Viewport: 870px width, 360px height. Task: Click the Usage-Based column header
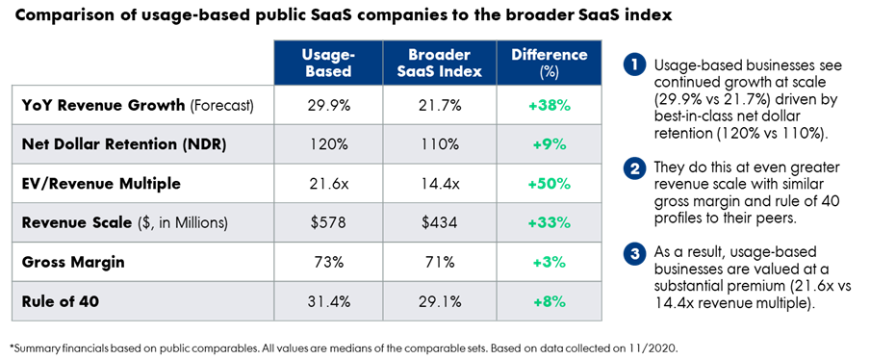point(328,63)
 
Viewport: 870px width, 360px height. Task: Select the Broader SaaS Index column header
point(440,63)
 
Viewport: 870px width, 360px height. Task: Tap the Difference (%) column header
point(549,63)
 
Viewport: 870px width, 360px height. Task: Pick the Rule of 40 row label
point(61,301)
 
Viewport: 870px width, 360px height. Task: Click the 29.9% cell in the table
point(328,105)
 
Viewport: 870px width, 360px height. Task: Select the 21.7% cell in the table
point(440,105)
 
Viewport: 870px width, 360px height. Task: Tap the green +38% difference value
point(549,105)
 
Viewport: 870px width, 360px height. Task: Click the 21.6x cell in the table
point(328,184)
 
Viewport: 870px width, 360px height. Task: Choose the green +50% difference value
point(549,184)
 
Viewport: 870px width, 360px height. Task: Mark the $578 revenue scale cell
point(328,223)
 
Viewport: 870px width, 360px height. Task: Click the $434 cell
point(440,223)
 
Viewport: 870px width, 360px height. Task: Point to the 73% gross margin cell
point(328,263)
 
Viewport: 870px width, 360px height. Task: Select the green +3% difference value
point(549,263)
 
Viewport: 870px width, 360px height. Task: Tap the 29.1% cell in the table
point(440,301)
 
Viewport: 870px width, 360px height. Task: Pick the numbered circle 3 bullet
point(633,254)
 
